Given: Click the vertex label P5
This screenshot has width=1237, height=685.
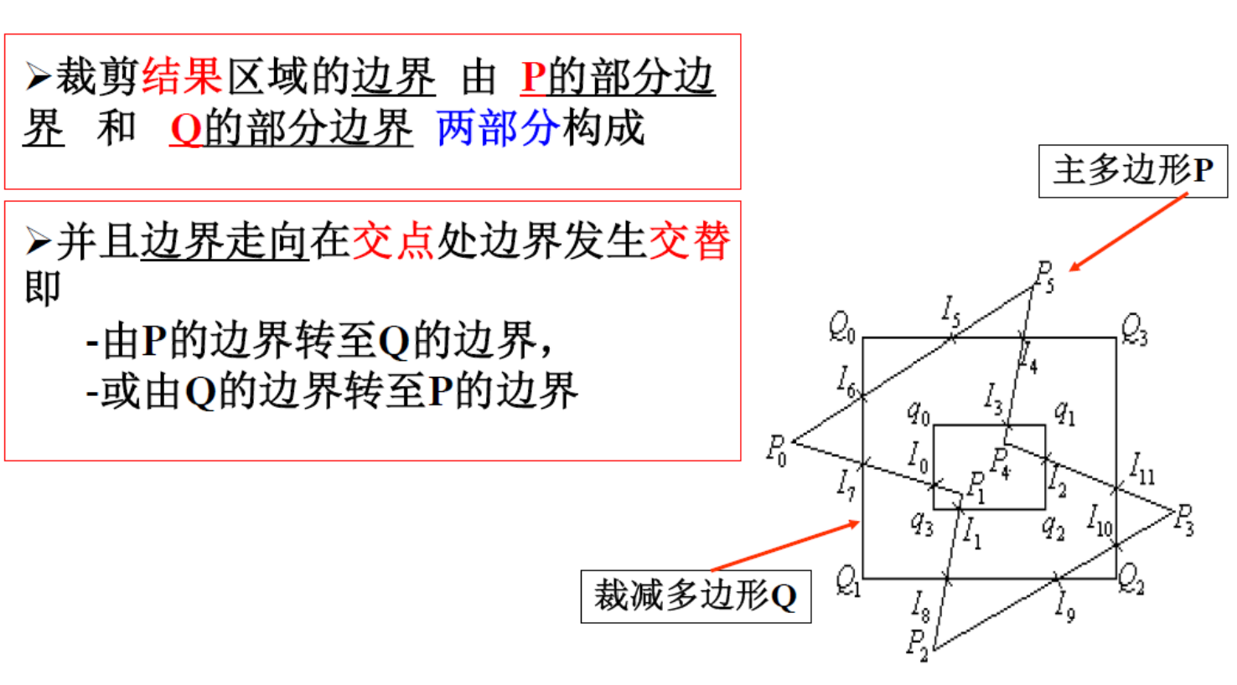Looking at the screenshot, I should [1044, 276].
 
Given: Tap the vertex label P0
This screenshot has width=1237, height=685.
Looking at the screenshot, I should [777, 450].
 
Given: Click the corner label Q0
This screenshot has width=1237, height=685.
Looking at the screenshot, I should [841, 326].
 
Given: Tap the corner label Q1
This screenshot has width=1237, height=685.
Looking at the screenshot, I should [848, 579].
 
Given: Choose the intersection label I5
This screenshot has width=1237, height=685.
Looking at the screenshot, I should [950, 312].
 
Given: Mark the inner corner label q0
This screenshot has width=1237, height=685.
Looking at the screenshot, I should [918, 411].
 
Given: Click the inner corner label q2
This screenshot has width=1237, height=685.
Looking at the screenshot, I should [1053, 525].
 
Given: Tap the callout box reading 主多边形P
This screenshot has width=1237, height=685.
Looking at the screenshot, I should [1132, 171].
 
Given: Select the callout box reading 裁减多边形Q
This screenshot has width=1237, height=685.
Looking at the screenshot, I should [695, 595].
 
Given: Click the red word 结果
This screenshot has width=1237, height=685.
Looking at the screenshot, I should [182, 76].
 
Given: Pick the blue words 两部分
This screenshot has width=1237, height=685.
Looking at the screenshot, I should [498, 128].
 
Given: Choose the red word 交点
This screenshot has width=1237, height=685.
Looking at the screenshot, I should [393, 241].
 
